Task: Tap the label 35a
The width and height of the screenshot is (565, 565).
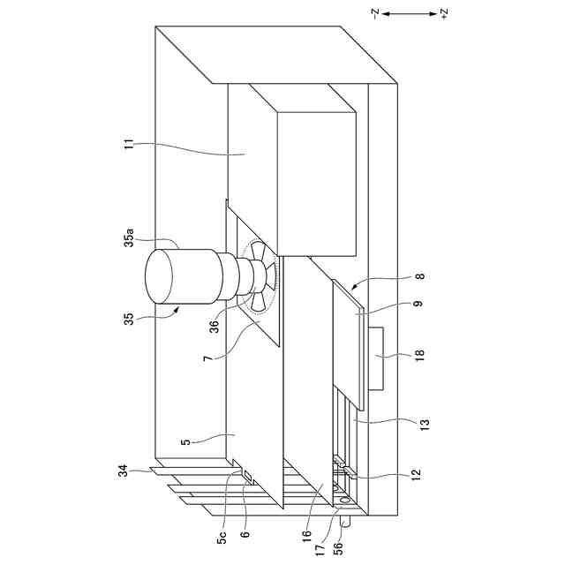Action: [129, 238]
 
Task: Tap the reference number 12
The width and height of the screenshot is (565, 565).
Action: [417, 478]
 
